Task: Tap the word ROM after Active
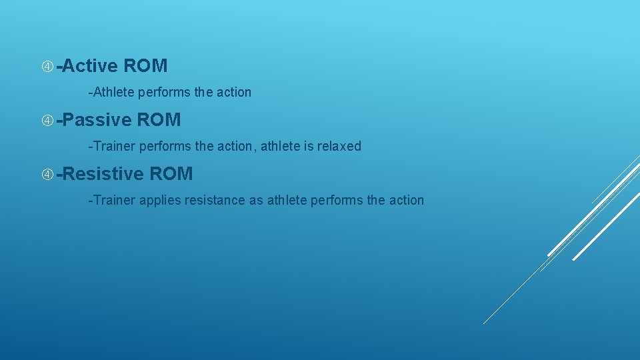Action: (x=145, y=66)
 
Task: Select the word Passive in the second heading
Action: (x=97, y=120)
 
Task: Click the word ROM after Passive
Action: (x=159, y=120)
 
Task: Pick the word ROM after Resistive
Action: (x=171, y=174)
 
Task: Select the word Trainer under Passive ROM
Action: (x=113, y=146)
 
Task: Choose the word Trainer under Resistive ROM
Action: (x=113, y=200)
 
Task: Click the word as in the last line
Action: (x=256, y=200)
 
